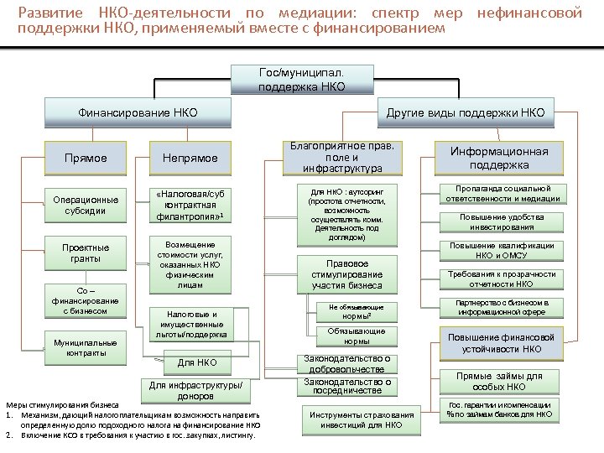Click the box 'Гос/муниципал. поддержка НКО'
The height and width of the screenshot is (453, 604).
302,80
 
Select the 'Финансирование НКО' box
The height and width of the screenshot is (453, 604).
126,112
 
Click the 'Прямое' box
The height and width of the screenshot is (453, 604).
86,158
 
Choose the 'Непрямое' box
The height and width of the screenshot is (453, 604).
190,158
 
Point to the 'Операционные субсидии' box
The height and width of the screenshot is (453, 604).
86,206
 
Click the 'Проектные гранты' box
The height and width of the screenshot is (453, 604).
86,253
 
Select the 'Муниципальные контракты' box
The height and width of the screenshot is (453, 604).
86,348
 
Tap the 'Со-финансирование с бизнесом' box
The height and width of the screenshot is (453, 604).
86,301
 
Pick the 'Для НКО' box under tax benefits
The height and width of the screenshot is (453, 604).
198,363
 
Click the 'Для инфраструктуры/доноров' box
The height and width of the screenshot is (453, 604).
198,390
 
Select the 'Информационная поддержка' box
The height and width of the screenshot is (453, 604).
498,157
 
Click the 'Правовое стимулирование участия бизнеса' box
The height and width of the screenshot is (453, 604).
347,274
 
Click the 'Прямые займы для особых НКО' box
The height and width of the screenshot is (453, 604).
498,382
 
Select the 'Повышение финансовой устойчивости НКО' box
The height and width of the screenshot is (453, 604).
498,344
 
